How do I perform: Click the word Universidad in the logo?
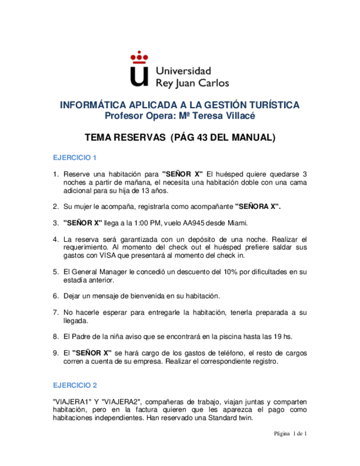point(184,71)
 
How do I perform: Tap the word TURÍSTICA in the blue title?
point(273,105)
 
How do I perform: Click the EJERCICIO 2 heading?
point(75,385)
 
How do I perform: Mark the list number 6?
point(56,296)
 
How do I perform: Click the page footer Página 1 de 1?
point(290,434)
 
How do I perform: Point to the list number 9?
point(56,352)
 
